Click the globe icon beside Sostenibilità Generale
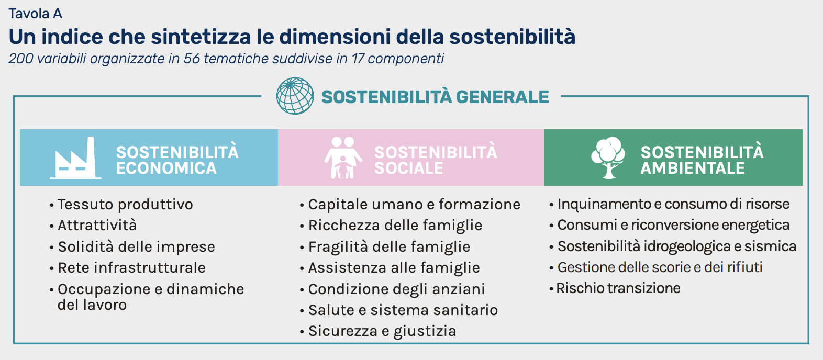pos(295,96)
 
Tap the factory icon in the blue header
pos(76,158)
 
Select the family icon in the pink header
pos(343,158)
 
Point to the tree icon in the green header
pos(608,158)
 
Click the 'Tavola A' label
pos(35,14)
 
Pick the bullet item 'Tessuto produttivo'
pos(125,205)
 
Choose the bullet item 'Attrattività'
pos(97,225)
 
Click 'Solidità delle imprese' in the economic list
pos(136,246)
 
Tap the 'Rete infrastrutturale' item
pos(131,267)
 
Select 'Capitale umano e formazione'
pos(414,205)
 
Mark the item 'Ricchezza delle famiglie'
pos(395,226)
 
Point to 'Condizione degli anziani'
pos(396,289)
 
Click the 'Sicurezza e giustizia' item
pos(382,331)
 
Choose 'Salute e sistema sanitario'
pos(403,310)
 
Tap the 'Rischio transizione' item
pos(618,288)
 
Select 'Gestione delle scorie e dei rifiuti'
pos(660,267)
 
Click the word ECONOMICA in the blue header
pos(166,168)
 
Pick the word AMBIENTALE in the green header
pos(693,168)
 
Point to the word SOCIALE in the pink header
pos(408,168)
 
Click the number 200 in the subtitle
pos(20,59)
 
